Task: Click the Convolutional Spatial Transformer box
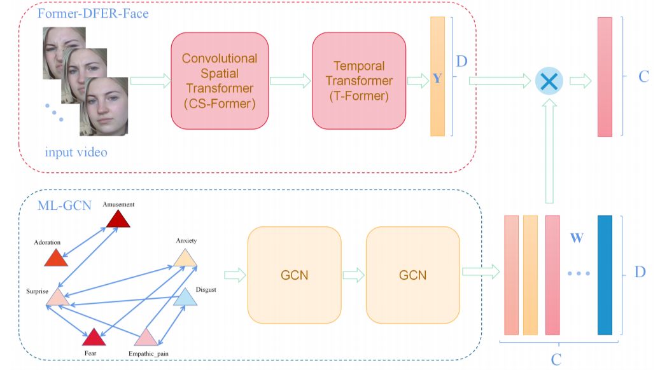(220, 81)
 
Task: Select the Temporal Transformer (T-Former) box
(359, 81)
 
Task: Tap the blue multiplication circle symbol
(549, 81)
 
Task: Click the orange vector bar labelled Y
(437, 77)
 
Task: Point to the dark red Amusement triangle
(118, 219)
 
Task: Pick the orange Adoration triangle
(57, 257)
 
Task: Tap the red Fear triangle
(93, 338)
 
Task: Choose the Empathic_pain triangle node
(146, 337)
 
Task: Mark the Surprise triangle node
(58, 298)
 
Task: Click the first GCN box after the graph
(294, 275)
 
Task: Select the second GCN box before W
(412, 275)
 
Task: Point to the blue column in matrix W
(605, 275)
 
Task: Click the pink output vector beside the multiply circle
(605, 77)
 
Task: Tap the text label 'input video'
(76, 153)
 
